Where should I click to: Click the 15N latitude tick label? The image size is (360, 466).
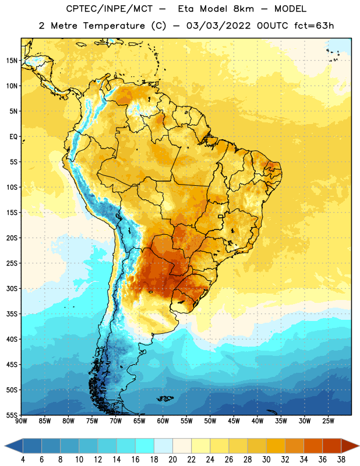12,61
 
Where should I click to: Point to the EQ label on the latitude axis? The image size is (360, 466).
13,137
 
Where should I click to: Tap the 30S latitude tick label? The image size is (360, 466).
12,288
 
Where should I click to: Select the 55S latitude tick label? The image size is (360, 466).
12,415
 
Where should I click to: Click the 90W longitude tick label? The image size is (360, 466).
21,421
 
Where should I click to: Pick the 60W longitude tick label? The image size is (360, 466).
163,421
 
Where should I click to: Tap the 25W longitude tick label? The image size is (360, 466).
328,421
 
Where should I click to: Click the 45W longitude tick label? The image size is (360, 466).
234,421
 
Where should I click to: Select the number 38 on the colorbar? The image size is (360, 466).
341,460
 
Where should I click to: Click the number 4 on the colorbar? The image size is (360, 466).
23,460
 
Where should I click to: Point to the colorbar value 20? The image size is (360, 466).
172,460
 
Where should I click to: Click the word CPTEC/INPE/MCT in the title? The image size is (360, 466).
109,9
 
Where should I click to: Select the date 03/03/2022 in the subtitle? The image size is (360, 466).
218,26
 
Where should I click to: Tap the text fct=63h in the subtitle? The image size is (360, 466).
314,26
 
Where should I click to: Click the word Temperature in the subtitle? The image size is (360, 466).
114,26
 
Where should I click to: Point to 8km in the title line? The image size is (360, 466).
243,9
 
